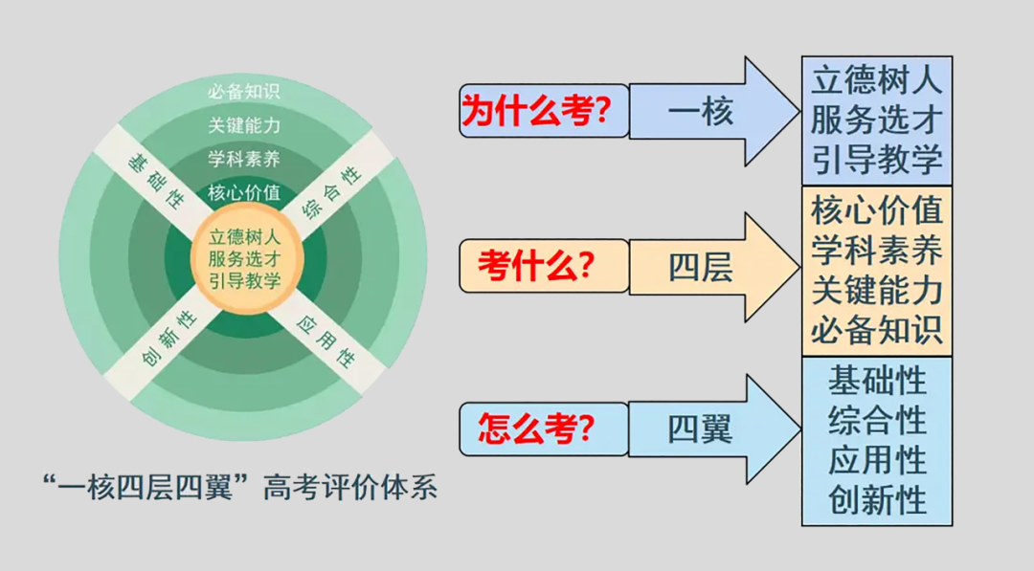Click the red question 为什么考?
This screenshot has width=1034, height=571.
536,111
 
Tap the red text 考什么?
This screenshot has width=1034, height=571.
536,266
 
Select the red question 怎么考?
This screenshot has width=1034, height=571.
536,428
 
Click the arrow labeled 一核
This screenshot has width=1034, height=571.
715,111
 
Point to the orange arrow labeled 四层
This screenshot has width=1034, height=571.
715,268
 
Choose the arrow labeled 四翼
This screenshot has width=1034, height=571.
715,429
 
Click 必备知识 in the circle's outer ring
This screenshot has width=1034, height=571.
244,92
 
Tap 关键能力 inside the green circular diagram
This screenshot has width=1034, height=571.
244,125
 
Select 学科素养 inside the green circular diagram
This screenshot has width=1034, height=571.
244,159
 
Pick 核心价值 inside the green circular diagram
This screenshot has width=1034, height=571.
244,192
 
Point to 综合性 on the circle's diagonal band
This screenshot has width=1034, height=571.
331,192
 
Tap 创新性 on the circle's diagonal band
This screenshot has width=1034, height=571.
169,340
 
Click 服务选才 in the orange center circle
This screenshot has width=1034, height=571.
245,259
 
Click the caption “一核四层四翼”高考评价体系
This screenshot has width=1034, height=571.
240,488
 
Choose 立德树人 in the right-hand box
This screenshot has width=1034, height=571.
877,81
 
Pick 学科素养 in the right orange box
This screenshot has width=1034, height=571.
877,251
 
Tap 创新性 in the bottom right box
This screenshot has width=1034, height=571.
878,500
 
